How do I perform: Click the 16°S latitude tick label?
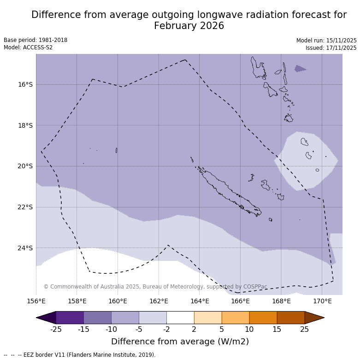click(x=25, y=84)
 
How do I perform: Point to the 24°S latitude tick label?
click(x=25, y=248)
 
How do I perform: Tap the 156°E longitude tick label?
click(x=36, y=301)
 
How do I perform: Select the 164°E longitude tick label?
click(x=200, y=301)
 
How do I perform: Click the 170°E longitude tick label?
click(x=322, y=301)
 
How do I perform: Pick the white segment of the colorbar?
click(x=180, y=318)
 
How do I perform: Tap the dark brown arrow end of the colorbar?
click(x=314, y=318)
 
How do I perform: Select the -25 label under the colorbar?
click(x=56, y=329)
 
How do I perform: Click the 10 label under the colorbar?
click(x=249, y=329)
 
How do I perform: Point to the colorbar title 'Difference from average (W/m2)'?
click(x=180, y=342)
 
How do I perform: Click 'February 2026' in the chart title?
click(x=189, y=26)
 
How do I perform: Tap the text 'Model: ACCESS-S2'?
click(x=28, y=47)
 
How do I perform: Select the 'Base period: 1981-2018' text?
click(x=35, y=40)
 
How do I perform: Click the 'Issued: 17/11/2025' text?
click(x=331, y=48)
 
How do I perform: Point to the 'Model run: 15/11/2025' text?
click(x=326, y=41)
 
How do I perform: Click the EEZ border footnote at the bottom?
click(x=80, y=355)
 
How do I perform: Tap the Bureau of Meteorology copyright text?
click(x=155, y=287)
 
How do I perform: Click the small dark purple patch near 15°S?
click(x=300, y=69)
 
